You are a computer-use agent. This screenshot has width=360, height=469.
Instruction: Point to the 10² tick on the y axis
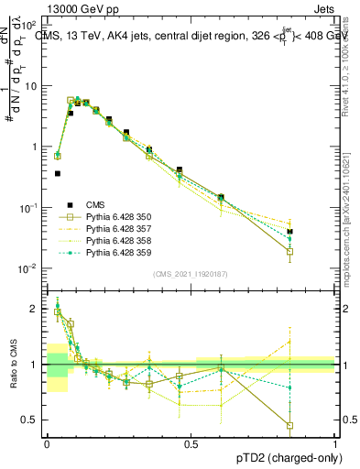click(x=31, y=25)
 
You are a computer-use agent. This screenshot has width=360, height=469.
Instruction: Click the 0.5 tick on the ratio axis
click(x=35, y=420)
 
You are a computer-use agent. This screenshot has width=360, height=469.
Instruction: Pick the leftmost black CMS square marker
click(x=57, y=173)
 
